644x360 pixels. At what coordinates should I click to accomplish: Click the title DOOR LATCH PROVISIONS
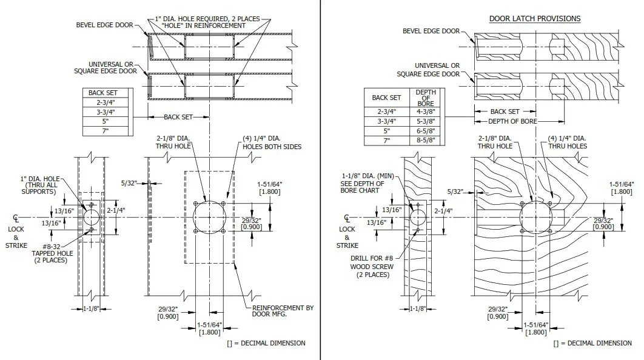tap(534, 19)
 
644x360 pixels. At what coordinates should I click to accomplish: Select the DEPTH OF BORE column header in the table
tap(425, 98)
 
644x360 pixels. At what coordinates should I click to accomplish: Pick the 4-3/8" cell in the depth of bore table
tap(425, 112)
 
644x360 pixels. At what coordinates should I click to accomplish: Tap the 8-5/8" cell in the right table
tap(425, 141)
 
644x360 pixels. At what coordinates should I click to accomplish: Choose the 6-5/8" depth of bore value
tap(425, 131)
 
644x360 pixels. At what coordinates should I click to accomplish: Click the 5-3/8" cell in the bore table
tap(425, 121)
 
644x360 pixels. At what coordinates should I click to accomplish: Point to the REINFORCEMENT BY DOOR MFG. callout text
tap(283, 312)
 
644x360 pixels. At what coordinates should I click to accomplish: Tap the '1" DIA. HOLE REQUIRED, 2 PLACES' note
tap(204, 19)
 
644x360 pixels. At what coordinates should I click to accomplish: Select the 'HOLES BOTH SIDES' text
tap(272, 147)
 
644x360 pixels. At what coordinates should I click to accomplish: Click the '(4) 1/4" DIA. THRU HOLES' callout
tap(567, 142)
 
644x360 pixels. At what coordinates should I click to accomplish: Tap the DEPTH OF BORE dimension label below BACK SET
tap(513, 121)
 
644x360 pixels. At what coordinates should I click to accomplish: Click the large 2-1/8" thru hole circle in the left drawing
tap(209, 217)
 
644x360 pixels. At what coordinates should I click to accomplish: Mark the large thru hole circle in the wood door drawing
tap(536, 217)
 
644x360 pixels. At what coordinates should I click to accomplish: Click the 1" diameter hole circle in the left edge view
tap(91, 217)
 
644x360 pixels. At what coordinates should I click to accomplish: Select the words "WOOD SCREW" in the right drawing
tap(372, 266)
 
